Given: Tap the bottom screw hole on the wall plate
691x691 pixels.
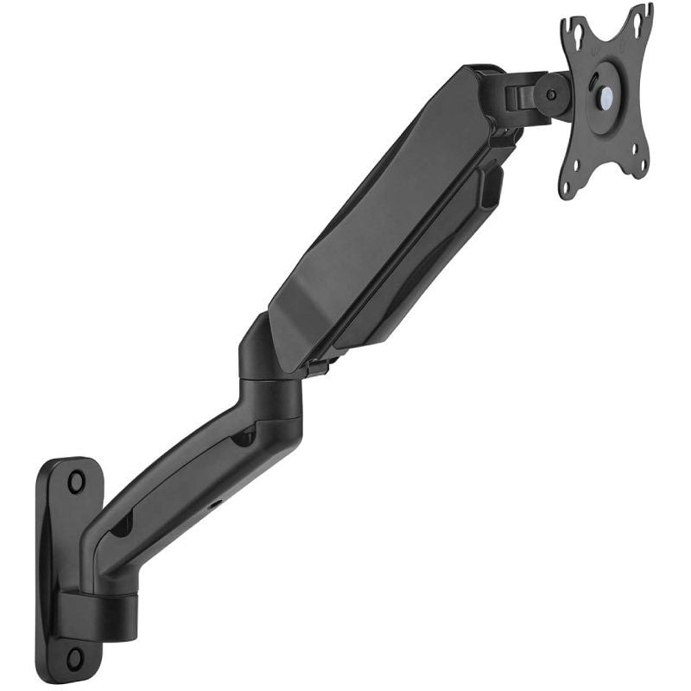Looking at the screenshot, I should [x=76, y=657].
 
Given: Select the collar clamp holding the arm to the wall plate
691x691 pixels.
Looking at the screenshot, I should [x=99, y=609].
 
